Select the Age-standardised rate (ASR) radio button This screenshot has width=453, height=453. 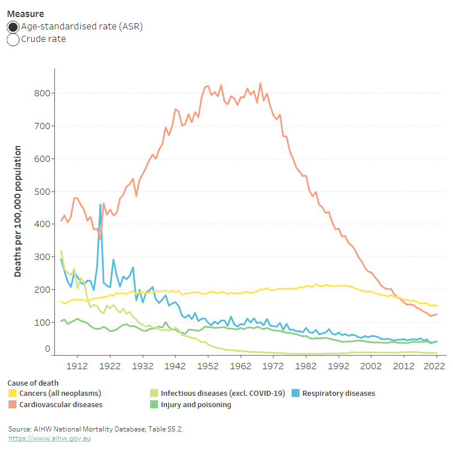[x=13, y=27]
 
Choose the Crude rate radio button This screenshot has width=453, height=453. [x=13, y=40]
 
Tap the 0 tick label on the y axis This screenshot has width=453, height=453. [x=47, y=349]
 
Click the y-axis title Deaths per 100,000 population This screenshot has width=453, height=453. [x=18, y=211]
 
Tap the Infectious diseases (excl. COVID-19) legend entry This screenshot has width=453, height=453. [x=223, y=393]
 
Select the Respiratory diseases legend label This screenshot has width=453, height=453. [x=338, y=393]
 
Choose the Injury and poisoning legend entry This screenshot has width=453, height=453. [x=196, y=405]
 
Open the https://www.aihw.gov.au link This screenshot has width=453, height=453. [x=50, y=438]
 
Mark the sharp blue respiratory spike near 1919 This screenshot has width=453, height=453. [x=100, y=205]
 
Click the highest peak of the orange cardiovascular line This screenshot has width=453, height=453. [x=260, y=84]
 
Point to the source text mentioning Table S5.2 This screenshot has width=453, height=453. [x=96, y=429]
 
